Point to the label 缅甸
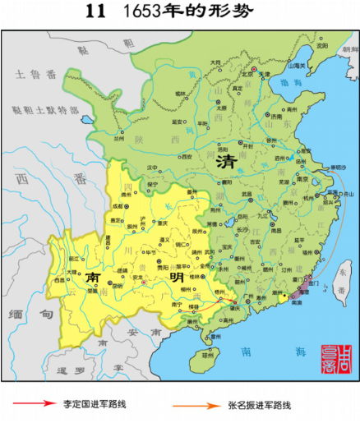(29, 313)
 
